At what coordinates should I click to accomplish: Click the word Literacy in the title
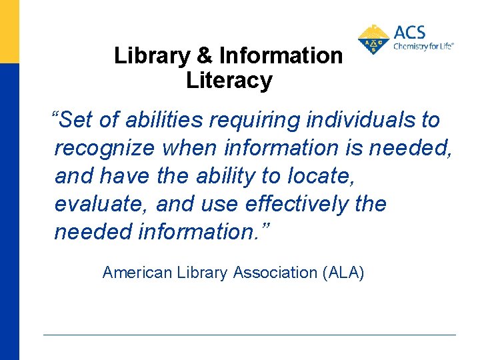pos(229,81)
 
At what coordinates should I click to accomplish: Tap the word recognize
pos(104,149)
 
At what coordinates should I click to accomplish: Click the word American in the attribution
pos(137,273)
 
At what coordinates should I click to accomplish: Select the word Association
pos(276,273)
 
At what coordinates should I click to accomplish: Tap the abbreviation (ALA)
pos(343,273)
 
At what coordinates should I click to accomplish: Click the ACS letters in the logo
pos(409,33)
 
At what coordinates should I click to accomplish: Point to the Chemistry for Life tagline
pos(423,47)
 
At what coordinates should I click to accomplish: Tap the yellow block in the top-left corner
pos(9,31)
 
